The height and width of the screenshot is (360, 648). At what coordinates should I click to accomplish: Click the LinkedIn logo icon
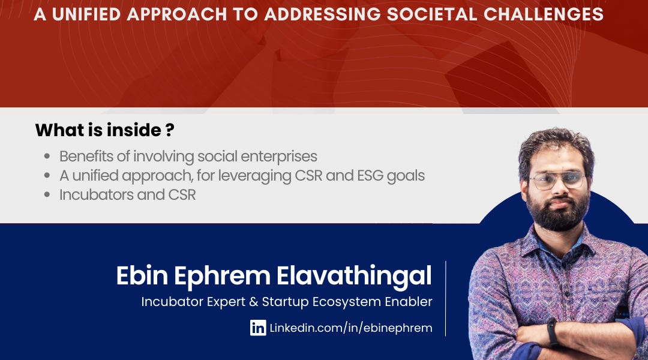[x=258, y=328]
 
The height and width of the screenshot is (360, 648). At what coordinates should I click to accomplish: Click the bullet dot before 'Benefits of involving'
[x=47, y=157]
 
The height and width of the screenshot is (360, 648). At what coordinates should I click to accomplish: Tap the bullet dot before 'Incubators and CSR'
[x=47, y=195]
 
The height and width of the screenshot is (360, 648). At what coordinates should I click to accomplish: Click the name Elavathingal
[x=354, y=275]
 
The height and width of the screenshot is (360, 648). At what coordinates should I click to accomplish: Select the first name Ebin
[x=142, y=275]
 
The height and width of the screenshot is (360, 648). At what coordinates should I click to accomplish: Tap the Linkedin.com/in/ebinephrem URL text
[x=350, y=328]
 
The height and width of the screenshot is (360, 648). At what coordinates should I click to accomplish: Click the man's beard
[x=558, y=213]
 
